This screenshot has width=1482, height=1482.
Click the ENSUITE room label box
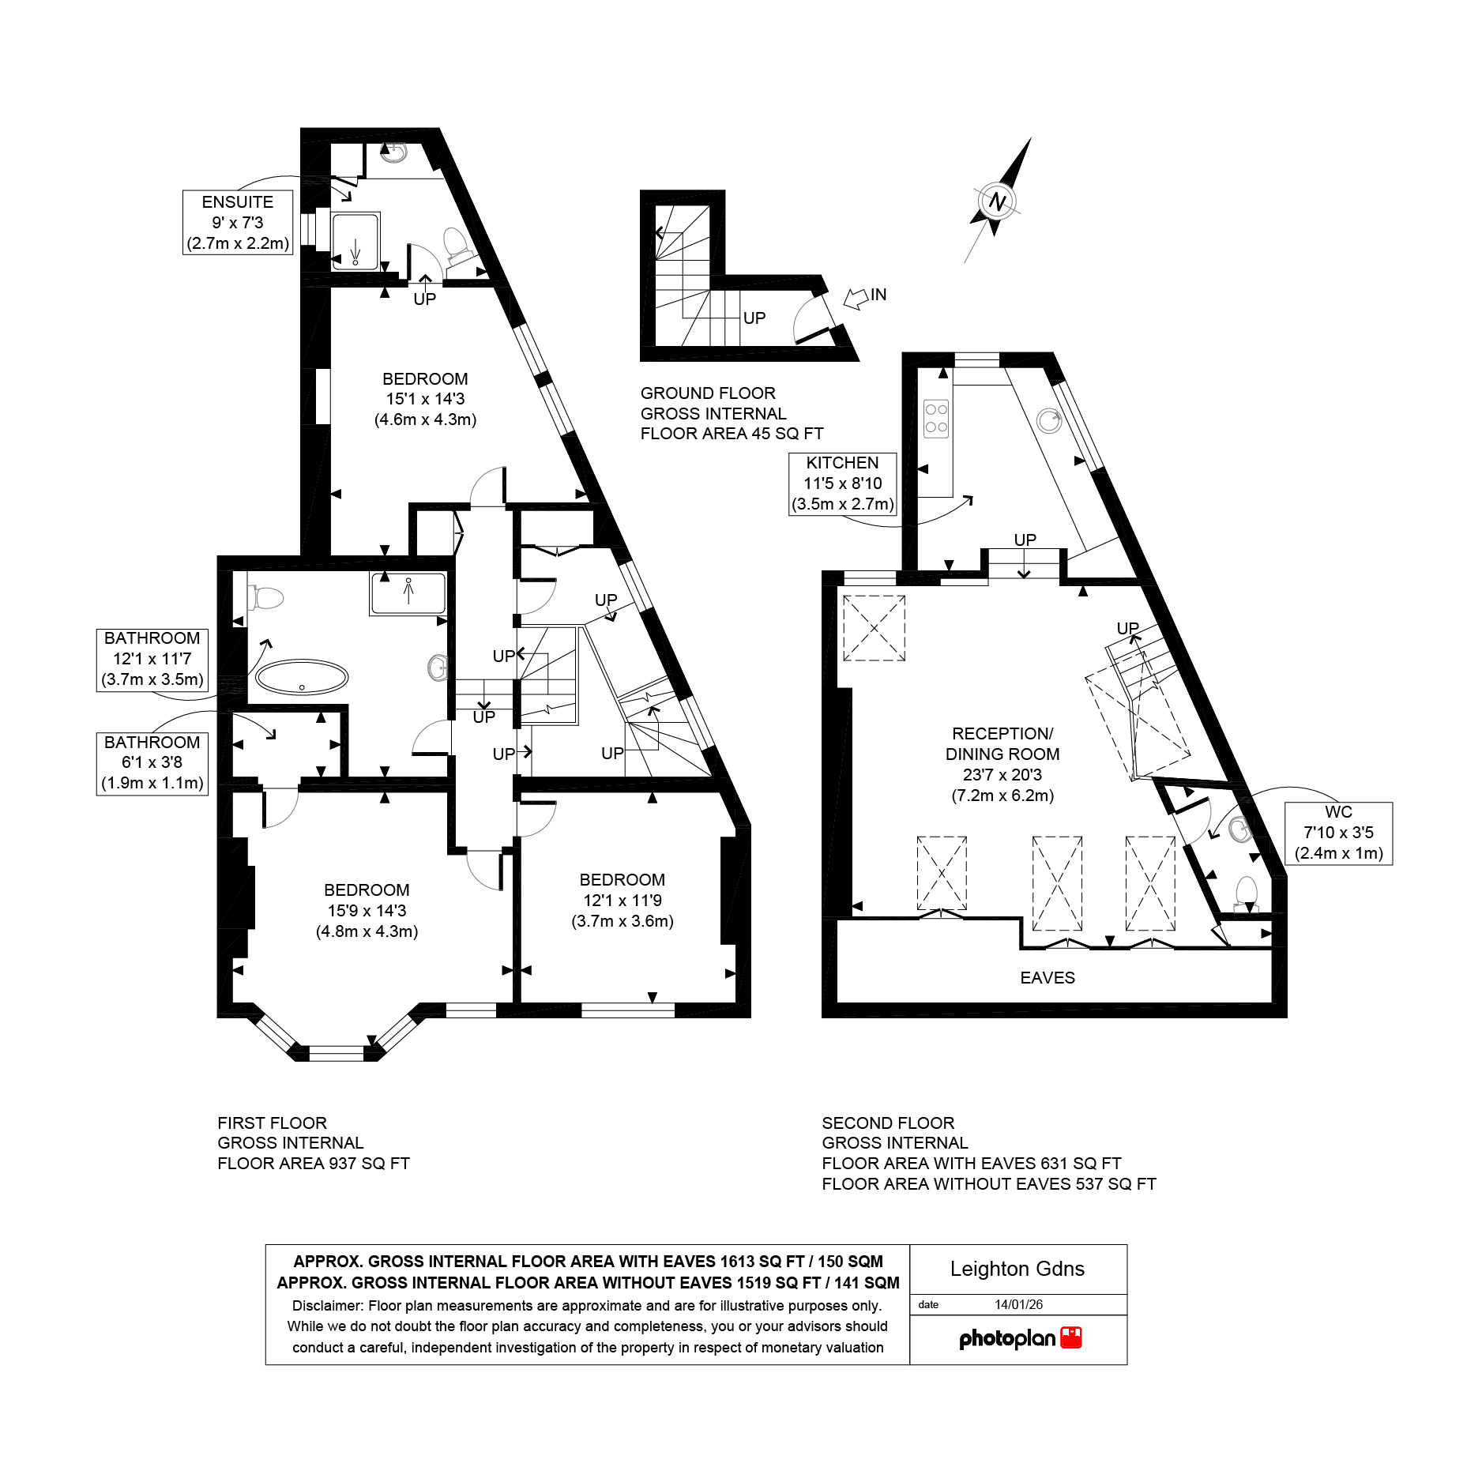coord(238,223)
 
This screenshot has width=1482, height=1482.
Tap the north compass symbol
coord(998,201)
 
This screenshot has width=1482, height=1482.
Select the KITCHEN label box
coord(843,483)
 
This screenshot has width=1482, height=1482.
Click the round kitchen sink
coord(1049,421)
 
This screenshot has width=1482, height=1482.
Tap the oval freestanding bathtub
coord(302,678)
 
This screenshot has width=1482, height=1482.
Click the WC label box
coord(1338,833)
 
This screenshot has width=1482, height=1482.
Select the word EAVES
coord(1048,978)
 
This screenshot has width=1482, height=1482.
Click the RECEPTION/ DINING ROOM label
coord(1002,764)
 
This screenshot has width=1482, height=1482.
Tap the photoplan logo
coord(1019,1338)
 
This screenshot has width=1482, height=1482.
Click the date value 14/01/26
coord(1018,1304)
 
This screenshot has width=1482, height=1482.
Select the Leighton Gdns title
coord(1017,1269)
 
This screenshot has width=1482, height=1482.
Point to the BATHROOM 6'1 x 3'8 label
coord(152,763)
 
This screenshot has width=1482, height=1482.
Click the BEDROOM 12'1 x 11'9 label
coord(623,901)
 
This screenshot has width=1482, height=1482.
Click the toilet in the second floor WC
coord(1247,894)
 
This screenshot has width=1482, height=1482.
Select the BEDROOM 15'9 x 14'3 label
coord(367,911)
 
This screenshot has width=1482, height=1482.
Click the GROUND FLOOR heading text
coord(708,393)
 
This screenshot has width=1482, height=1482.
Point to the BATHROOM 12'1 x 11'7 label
coord(152,659)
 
